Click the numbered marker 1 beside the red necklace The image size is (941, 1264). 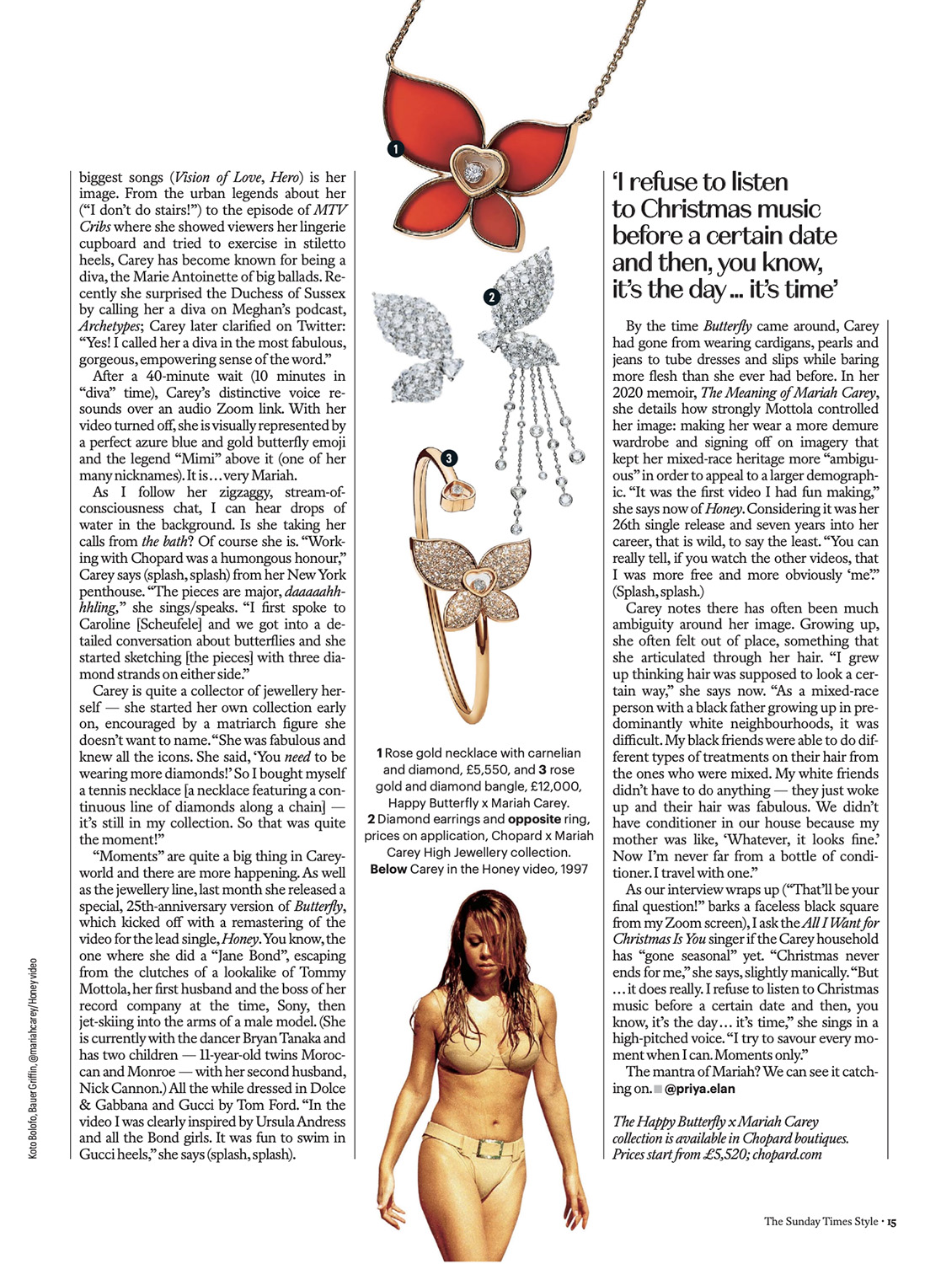[x=395, y=149]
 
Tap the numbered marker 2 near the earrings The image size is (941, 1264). [x=491, y=297]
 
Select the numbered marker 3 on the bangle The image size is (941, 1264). [x=449, y=458]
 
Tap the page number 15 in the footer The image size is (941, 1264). [x=891, y=1221]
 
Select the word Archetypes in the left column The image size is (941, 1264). [x=110, y=326]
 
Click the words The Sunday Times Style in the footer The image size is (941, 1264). [x=820, y=1221]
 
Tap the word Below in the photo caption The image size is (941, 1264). [x=388, y=869]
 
